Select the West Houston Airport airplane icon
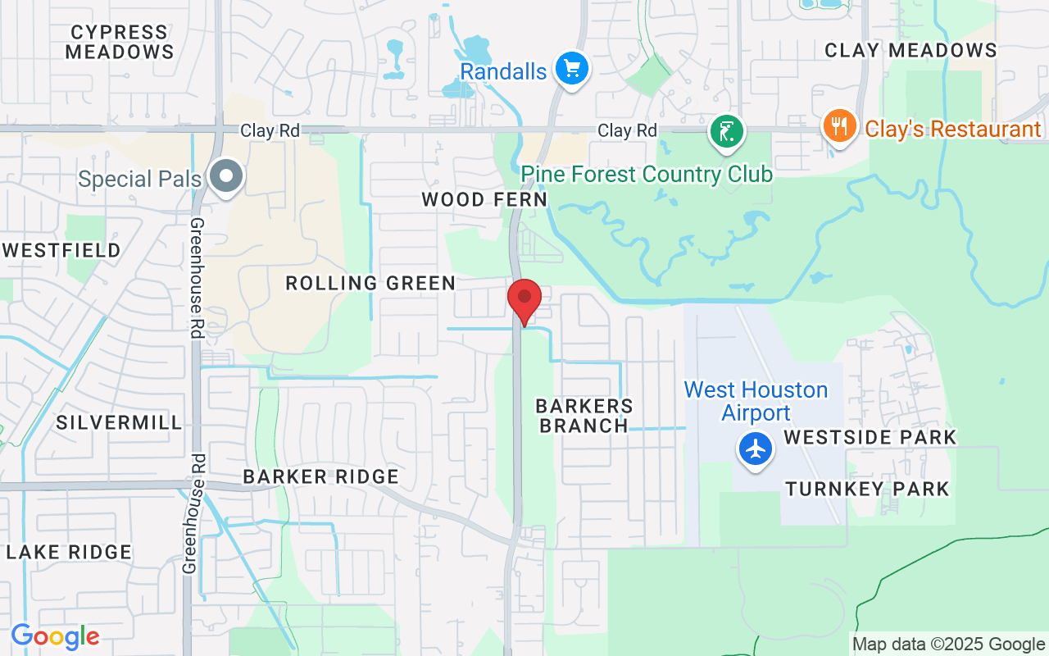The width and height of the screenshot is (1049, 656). [755, 449]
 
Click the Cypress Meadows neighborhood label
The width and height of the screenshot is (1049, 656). [120, 42]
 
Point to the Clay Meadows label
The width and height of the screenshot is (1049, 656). [910, 50]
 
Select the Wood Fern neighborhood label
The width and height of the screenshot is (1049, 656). [484, 199]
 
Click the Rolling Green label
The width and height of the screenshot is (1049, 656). [370, 284]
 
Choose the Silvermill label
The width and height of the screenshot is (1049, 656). [120, 423]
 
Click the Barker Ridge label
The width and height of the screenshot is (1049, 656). [321, 477]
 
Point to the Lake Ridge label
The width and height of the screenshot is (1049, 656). [69, 552]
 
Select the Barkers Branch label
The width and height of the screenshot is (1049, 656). [584, 416]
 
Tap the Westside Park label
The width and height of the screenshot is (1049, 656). [870, 437]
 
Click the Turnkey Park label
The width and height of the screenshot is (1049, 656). [867, 490]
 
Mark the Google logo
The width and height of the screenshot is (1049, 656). [55, 636]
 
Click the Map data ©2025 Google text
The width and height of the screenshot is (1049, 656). [948, 645]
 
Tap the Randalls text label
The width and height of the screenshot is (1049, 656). [503, 71]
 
